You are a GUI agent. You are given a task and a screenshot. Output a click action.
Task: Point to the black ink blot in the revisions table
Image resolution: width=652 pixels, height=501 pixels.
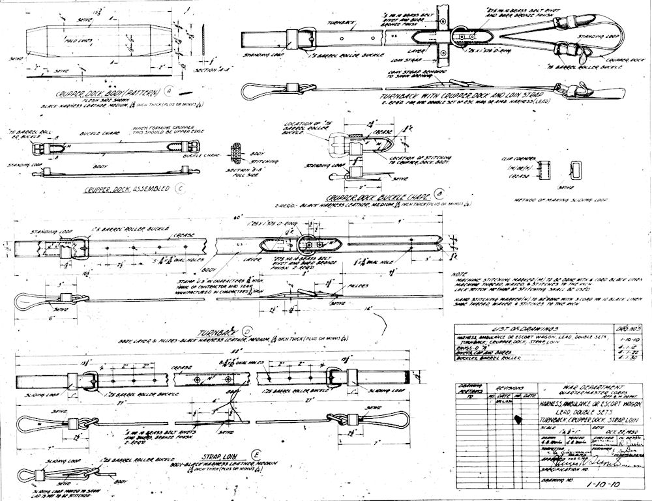pos(518,419)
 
